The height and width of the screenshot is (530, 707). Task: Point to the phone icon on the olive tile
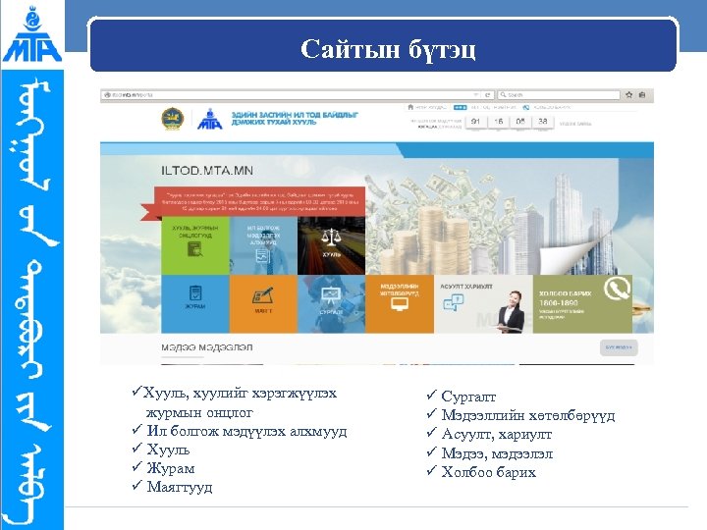[x=618, y=289]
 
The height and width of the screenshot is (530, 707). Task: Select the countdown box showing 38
[x=542, y=123]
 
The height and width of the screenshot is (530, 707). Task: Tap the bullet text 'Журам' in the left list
[x=168, y=468]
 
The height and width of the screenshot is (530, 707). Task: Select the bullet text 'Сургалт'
[x=468, y=397]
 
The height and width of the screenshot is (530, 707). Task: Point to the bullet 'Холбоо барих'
[x=488, y=472]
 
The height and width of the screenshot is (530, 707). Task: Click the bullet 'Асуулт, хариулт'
[x=497, y=435]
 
